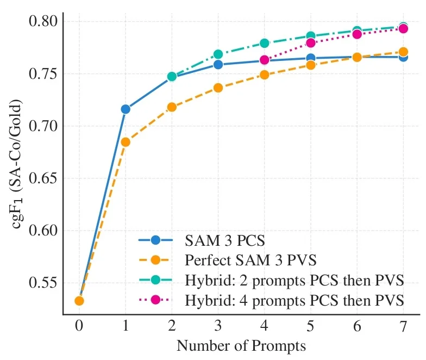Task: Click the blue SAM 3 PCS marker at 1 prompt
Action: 126,109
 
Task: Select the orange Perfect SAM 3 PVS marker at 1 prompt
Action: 126,142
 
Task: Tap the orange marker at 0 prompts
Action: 79,301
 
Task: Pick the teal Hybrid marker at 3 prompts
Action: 218,54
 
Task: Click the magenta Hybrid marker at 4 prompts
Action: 265,60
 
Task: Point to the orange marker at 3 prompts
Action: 218,88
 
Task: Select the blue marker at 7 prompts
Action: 403,57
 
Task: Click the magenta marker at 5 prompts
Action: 311,43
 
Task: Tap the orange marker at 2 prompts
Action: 172,107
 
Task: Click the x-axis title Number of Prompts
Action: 241,346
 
